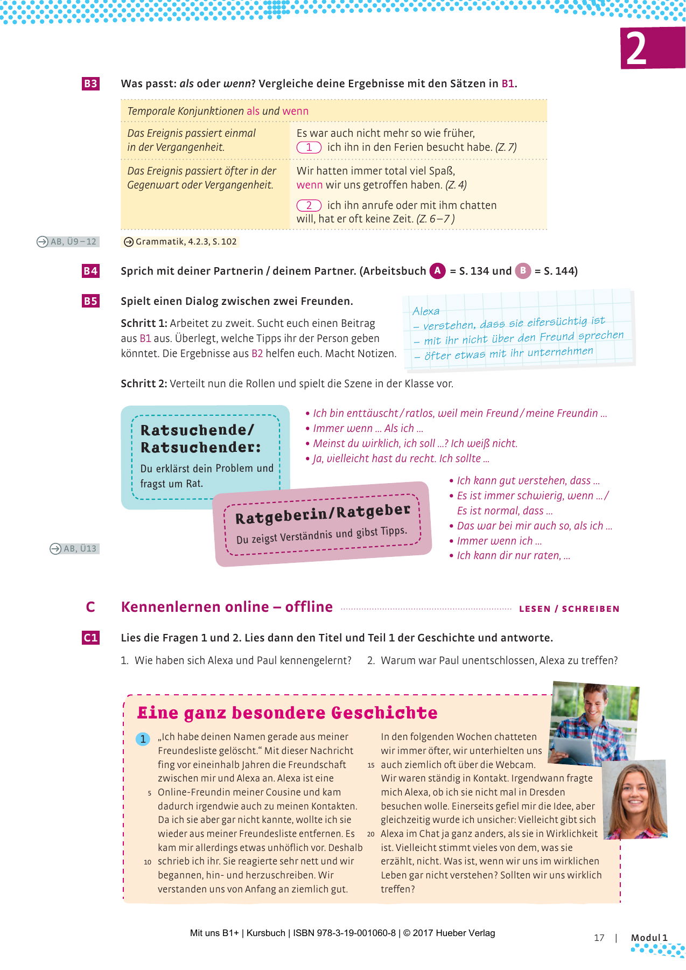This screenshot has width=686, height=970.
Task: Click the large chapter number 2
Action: pyautogui.click(x=637, y=49)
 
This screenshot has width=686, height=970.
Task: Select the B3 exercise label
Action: pyautogui.click(x=90, y=83)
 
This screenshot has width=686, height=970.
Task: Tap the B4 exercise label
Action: pyautogui.click(x=90, y=271)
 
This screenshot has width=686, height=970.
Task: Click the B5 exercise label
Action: pyautogui.click(x=90, y=301)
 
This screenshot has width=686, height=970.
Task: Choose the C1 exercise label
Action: pyautogui.click(x=90, y=638)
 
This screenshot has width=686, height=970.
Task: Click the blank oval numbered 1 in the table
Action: pyautogui.click(x=309, y=147)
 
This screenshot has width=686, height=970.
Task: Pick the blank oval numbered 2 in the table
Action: pyautogui.click(x=309, y=205)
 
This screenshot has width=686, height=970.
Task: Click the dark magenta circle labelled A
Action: pyautogui.click(x=438, y=270)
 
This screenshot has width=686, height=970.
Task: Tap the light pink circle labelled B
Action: pyautogui.click(x=523, y=270)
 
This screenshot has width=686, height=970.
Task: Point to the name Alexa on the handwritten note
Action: pyautogui.click(x=426, y=311)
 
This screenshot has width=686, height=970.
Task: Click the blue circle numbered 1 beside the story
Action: pyautogui.click(x=143, y=739)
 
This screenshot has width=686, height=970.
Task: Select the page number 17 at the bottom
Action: pyautogui.click(x=599, y=938)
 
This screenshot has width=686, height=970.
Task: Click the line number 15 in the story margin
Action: pyautogui.click(x=371, y=765)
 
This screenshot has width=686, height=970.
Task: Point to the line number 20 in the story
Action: pyautogui.click(x=371, y=834)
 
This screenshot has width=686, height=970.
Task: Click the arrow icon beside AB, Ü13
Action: pyautogui.click(x=55, y=549)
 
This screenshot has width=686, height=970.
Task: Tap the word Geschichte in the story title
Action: pyautogui.click(x=384, y=713)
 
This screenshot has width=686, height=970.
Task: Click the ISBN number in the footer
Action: pyautogui.click(x=344, y=933)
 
